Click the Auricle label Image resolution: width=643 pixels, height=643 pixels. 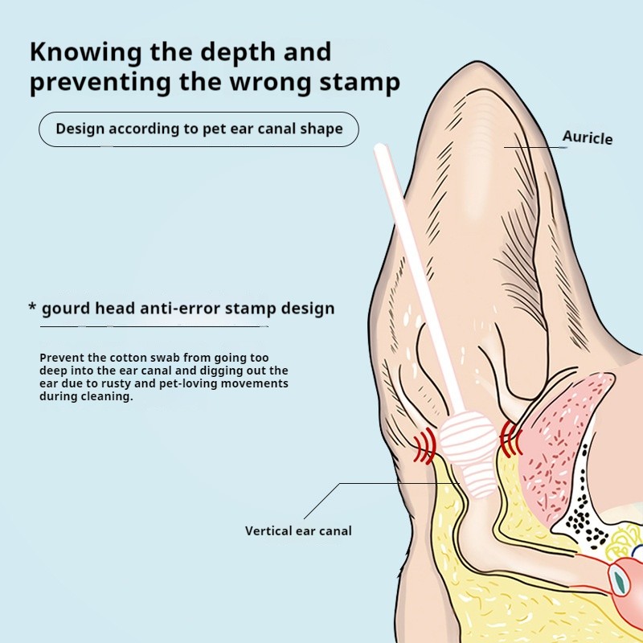tap(587, 137)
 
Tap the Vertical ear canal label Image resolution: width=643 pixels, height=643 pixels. tap(298, 530)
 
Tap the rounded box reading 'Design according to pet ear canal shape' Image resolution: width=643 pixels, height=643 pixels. tap(199, 129)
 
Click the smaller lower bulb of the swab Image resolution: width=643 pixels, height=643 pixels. tap(481, 481)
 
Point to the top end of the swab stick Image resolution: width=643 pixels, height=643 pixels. tap(379, 149)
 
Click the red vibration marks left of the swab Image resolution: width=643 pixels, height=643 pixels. tap(424, 446)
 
